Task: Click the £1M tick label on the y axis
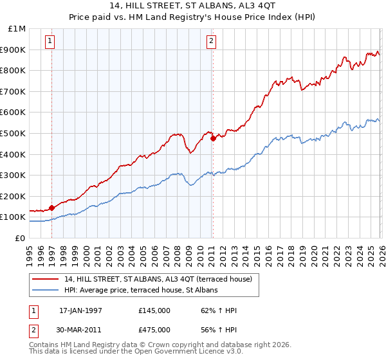coord(17,29)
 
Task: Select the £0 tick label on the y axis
coord(21,238)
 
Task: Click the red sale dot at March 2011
coord(213,138)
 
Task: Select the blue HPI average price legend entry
coord(141,290)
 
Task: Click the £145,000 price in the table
coord(154,311)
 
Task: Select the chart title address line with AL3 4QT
coord(193,7)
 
